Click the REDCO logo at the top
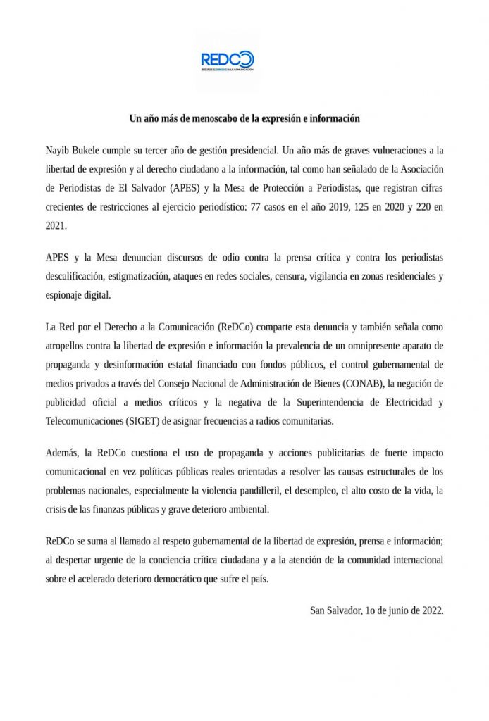pyautogui.click(x=227, y=61)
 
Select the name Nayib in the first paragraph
pyautogui.click(x=58, y=151)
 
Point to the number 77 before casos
pyautogui.click(x=266, y=208)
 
